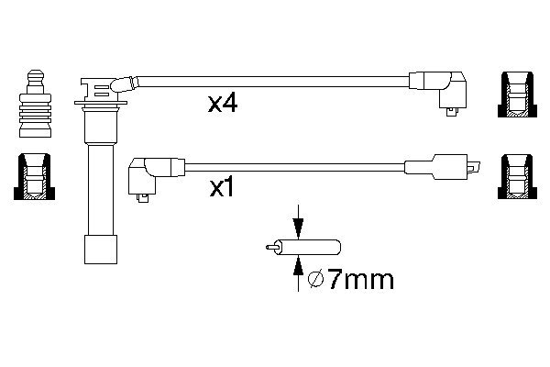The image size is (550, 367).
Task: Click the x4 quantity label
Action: (x=223, y=104)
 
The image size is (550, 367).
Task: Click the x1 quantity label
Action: (x=223, y=188)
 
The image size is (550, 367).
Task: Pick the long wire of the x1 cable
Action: (x=293, y=167)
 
